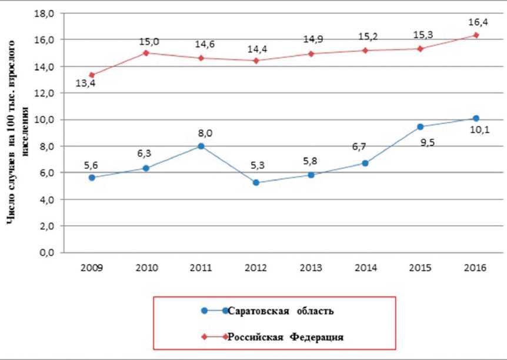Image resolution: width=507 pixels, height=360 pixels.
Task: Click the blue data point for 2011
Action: click(x=201, y=146)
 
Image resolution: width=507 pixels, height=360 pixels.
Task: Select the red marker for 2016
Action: click(x=476, y=35)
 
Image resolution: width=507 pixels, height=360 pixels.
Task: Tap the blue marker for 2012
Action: click(x=256, y=182)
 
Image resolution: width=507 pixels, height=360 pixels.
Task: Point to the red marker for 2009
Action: click(x=92, y=75)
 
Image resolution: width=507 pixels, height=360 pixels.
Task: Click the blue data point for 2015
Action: click(x=421, y=126)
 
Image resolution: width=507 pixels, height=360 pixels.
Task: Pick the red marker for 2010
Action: click(x=146, y=53)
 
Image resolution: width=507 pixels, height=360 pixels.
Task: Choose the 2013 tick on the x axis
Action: click(x=311, y=268)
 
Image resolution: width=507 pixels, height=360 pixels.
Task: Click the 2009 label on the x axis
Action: click(x=92, y=268)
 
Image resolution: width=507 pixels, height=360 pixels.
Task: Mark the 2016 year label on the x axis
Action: click(x=475, y=268)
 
